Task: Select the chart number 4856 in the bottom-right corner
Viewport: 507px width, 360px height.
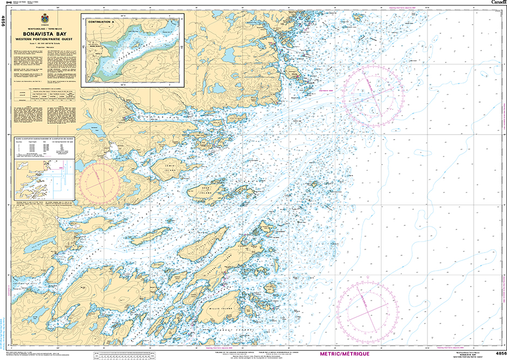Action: tap(499, 353)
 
